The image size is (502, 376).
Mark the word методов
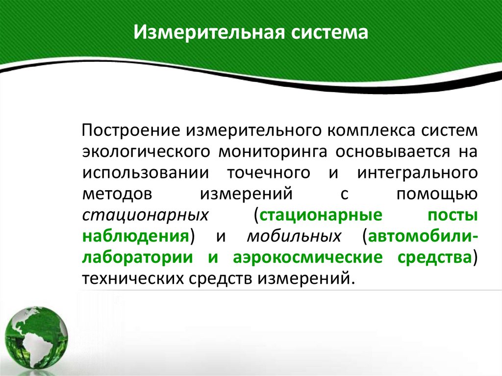click(x=114, y=194)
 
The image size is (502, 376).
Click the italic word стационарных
click(x=143, y=215)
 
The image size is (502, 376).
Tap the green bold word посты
click(x=452, y=215)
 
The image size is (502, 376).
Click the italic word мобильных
click(x=294, y=236)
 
